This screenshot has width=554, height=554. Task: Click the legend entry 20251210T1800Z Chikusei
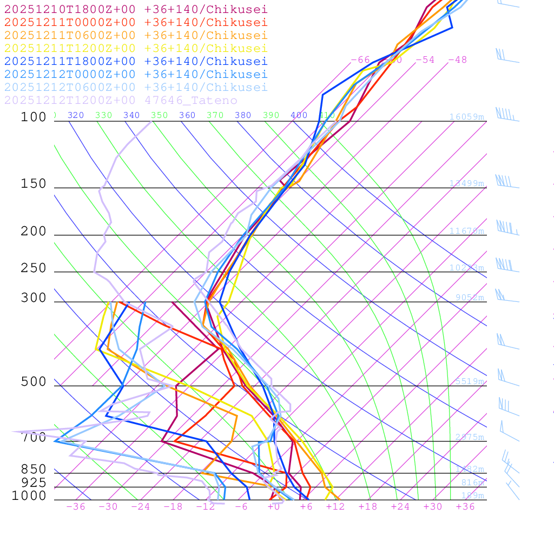click(x=136, y=9)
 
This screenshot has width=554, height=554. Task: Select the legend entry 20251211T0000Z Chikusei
click(x=136, y=22)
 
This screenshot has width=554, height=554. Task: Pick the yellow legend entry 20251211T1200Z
click(x=136, y=48)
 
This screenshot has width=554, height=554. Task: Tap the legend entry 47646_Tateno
click(x=121, y=100)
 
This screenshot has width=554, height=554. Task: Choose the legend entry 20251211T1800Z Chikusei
click(x=136, y=61)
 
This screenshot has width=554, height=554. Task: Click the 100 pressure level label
click(x=34, y=117)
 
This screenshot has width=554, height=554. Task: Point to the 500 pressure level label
click(x=34, y=382)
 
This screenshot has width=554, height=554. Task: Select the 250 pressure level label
click(x=34, y=268)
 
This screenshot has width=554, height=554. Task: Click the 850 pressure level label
click(x=34, y=469)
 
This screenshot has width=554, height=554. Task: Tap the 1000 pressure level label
click(x=29, y=496)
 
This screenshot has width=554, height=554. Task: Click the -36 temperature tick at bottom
click(x=76, y=506)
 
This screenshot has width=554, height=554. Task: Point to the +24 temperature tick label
click(x=400, y=506)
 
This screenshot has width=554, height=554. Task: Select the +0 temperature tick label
click(x=274, y=506)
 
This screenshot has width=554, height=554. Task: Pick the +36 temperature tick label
click(x=465, y=506)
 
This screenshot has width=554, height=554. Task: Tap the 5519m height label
click(x=470, y=381)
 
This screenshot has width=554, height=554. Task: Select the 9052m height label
click(x=470, y=297)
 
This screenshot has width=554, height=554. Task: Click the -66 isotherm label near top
click(x=360, y=60)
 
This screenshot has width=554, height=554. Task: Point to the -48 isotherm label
click(x=457, y=60)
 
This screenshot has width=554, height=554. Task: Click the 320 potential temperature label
click(x=76, y=115)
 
